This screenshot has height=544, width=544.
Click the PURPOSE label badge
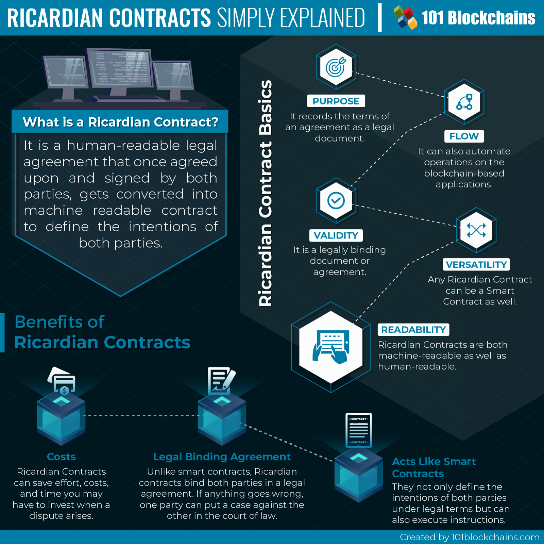point(336,101)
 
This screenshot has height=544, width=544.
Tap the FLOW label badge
point(464,136)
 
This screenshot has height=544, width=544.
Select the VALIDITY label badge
point(336,235)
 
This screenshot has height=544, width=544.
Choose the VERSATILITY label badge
point(476,264)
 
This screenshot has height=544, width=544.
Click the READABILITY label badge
point(413,329)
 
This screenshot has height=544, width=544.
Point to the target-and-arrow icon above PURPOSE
point(336,67)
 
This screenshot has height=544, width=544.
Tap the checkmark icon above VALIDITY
point(336,200)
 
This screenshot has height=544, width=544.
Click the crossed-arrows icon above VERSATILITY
point(476,230)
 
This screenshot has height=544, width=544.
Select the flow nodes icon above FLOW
point(464,102)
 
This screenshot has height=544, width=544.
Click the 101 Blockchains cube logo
point(405,17)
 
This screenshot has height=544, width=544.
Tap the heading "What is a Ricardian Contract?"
point(120,122)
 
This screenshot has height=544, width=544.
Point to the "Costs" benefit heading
point(61,457)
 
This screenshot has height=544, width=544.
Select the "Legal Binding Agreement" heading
point(222,457)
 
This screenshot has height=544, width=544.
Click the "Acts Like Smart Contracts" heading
point(434,467)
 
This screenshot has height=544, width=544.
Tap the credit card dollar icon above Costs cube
point(62,381)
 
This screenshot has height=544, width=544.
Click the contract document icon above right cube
point(358,430)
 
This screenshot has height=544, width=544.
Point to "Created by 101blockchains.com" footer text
point(469,537)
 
